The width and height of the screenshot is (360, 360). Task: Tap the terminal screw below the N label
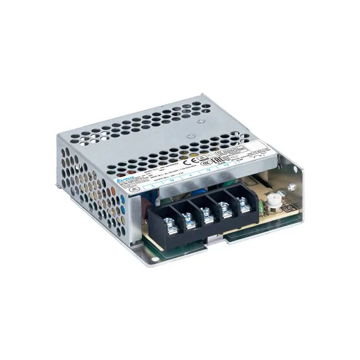pyautogui.click(x=190, y=217)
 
